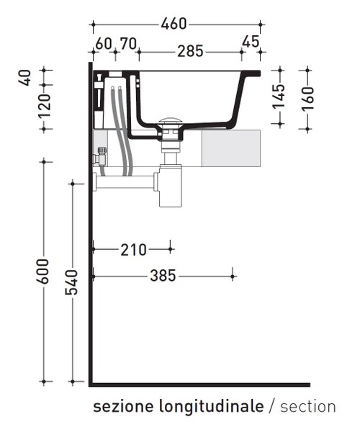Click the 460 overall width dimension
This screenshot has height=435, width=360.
click(174, 24)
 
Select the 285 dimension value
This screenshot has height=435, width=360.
click(191, 51)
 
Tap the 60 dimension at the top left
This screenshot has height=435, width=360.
click(104, 43)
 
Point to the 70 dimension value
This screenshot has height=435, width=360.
click(128, 43)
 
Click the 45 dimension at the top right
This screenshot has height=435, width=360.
click(251, 42)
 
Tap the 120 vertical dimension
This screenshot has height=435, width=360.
click(45, 106)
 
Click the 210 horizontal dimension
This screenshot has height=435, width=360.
click(133, 250)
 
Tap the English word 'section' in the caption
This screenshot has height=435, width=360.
click(307, 407)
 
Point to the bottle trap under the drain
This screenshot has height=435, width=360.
click(170, 191)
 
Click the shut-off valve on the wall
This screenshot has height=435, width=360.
click(101, 156)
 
